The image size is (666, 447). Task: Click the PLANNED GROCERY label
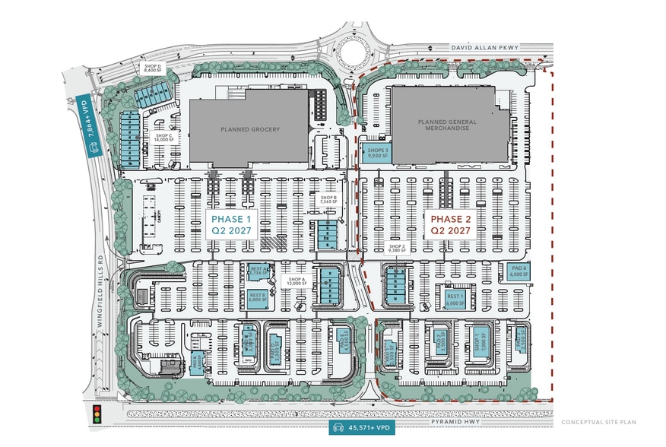250,129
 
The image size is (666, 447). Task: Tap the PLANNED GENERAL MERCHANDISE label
445,125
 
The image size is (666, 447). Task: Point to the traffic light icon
97,414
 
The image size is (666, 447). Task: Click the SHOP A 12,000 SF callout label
297,281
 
